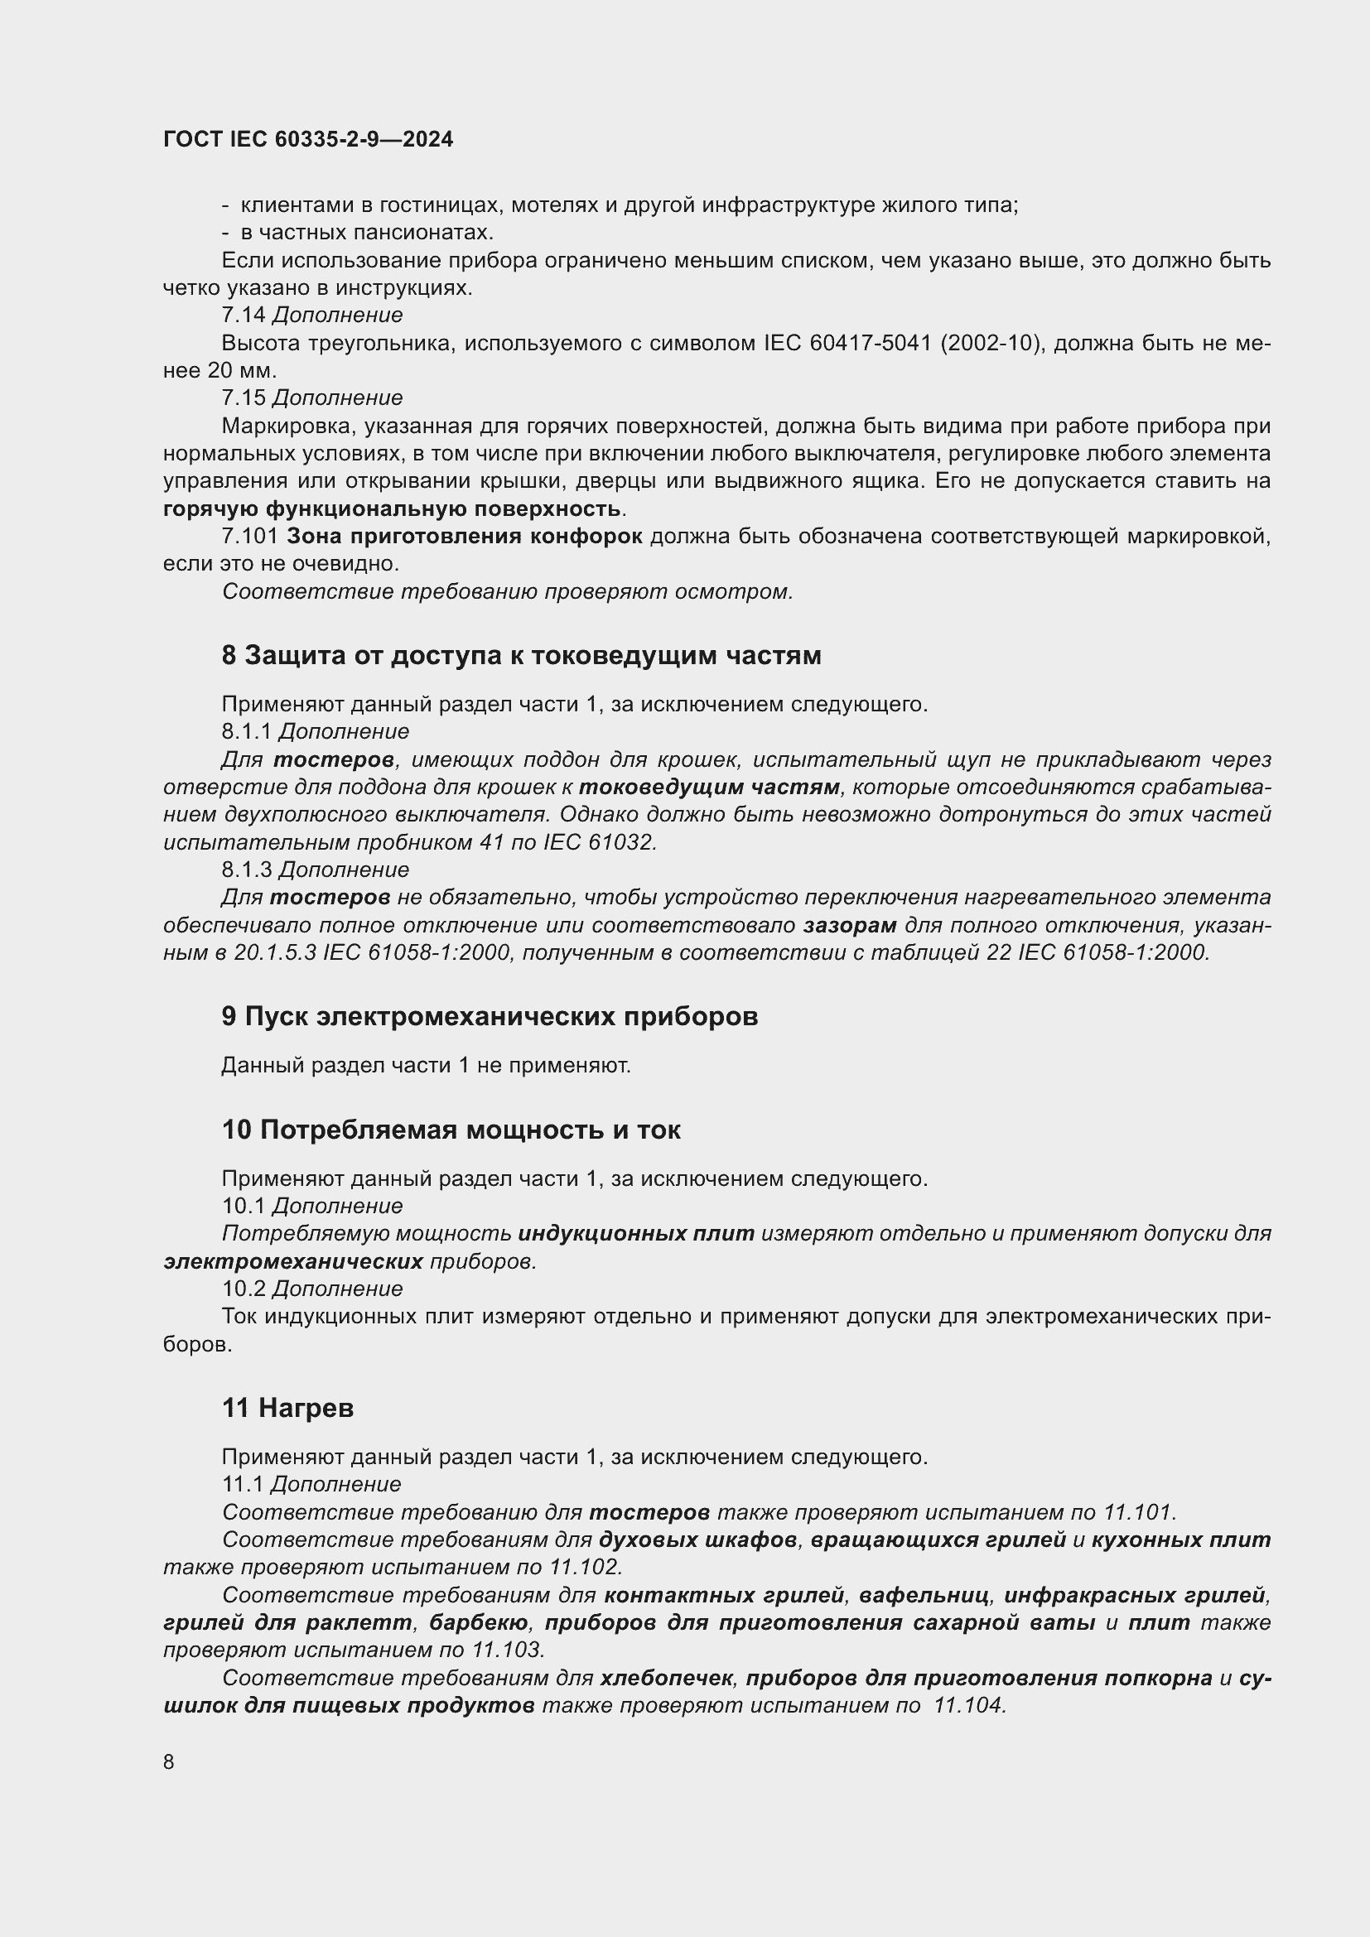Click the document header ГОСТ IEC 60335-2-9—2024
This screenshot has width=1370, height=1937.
coord(308,140)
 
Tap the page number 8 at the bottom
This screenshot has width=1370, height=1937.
coord(169,1761)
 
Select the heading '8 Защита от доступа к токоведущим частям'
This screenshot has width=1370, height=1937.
coord(520,656)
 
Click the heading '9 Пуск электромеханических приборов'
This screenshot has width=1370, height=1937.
coord(490,1017)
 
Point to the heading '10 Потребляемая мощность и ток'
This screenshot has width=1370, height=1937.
coord(451,1130)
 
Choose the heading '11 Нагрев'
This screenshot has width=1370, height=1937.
coord(287,1408)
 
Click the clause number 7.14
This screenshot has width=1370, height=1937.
coord(243,316)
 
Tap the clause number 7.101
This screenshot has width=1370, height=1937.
coord(248,537)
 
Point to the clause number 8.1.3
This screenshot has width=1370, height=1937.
coord(247,870)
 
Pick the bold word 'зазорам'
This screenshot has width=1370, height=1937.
coord(850,926)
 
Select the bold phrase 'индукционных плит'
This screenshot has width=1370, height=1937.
coord(636,1233)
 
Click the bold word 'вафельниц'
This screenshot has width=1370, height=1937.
coord(924,1595)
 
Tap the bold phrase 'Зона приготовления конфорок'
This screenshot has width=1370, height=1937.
coord(465,537)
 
